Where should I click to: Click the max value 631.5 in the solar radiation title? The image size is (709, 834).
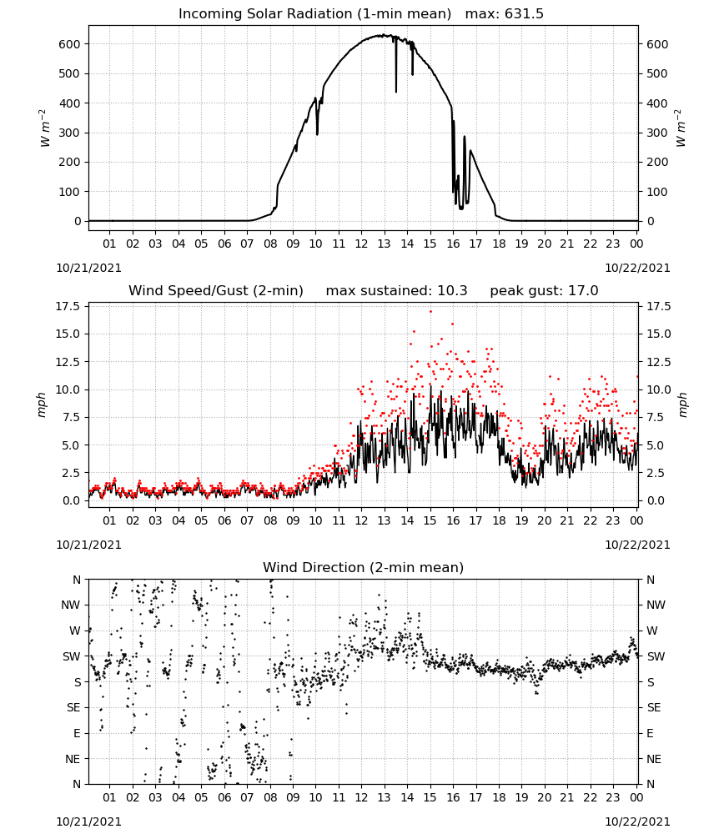[x=524, y=14]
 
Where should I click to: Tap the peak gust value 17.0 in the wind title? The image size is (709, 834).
[x=584, y=291]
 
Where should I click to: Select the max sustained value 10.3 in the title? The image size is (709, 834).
[x=452, y=291]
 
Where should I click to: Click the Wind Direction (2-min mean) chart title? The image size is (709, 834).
[x=364, y=567]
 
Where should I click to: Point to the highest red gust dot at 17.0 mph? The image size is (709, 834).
[x=431, y=312]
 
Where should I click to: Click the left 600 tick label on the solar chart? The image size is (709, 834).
[x=70, y=44]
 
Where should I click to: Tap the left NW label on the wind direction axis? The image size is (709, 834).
[x=71, y=605]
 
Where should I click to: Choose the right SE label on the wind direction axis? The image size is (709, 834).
[x=654, y=708]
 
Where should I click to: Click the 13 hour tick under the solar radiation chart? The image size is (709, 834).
[x=384, y=244]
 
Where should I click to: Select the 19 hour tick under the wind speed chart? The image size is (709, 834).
[x=522, y=520]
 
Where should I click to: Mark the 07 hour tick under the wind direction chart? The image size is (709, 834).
[x=247, y=798]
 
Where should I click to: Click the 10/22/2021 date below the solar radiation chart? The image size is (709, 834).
[x=637, y=268]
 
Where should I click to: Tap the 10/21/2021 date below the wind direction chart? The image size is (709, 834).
[x=88, y=821]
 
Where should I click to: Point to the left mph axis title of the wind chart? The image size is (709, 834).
[x=42, y=404]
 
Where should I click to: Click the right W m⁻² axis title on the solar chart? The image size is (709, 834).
[x=681, y=128]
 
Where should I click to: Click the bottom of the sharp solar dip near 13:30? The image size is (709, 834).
[x=395, y=92]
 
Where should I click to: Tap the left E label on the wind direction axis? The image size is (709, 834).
[x=77, y=733]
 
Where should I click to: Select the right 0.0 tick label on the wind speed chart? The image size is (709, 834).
[x=656, y=500]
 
